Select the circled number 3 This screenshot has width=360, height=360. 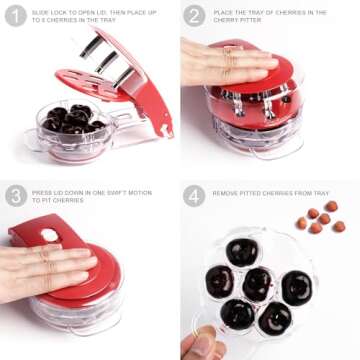[16, 194]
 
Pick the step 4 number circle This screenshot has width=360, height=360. [194, 194]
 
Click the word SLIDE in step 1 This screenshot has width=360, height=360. [41, 12]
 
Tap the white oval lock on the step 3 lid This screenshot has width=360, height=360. [48, 235]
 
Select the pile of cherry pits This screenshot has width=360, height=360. [320, 218]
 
